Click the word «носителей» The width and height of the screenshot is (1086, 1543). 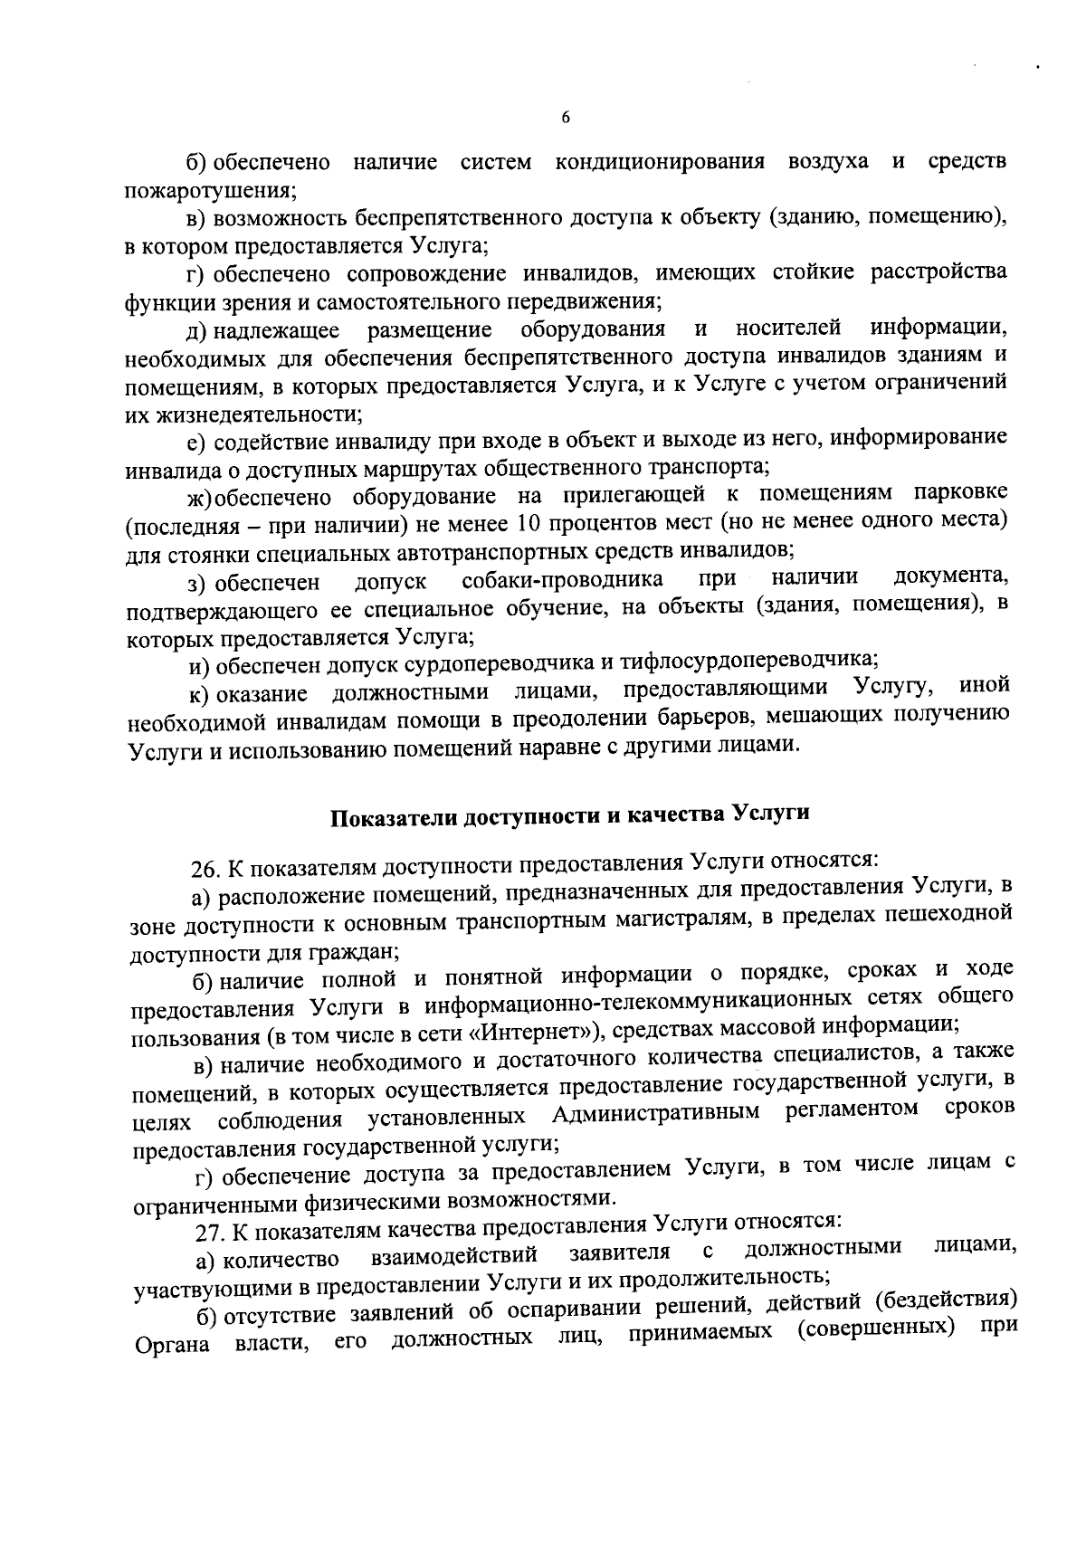(788, 327)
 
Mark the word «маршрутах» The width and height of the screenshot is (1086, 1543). (423, 469)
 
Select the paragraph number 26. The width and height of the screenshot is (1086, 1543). (205, 871)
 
